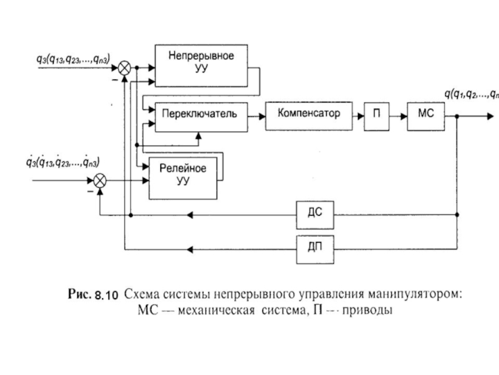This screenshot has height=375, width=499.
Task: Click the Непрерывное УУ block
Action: click(200, 65)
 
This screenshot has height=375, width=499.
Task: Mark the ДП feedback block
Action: click(315, 249)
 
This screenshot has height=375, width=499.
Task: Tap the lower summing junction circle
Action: click(99, 181)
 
